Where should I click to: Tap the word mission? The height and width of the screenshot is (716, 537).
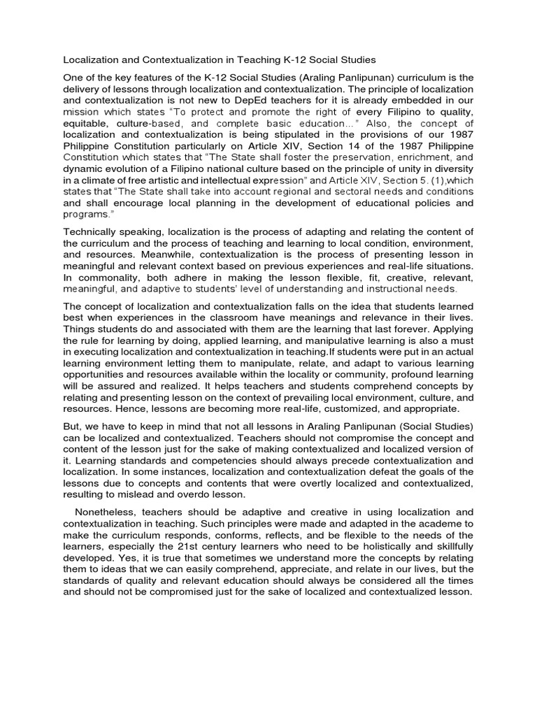pyautogui.click(x=81, y=110)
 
